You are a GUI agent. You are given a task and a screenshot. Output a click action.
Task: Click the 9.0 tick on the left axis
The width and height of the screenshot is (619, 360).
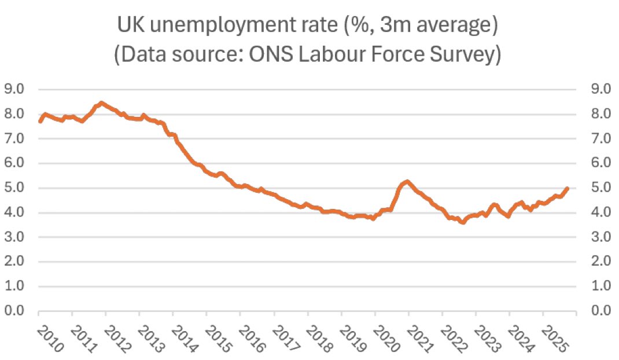14,89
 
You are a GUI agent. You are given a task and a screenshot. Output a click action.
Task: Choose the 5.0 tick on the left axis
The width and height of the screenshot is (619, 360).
14,188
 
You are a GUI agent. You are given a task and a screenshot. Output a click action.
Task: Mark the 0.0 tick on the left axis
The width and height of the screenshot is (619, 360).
14,311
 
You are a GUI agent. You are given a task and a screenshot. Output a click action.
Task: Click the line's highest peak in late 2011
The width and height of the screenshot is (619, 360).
101,103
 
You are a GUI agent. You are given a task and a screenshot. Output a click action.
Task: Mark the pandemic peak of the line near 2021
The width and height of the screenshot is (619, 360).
407,182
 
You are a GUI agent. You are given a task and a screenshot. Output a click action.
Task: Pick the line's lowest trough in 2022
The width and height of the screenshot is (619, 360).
462,222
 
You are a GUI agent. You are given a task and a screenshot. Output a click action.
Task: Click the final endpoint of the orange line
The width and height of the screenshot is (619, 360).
568,188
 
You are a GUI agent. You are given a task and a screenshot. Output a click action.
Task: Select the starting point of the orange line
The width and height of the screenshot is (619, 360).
39,121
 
